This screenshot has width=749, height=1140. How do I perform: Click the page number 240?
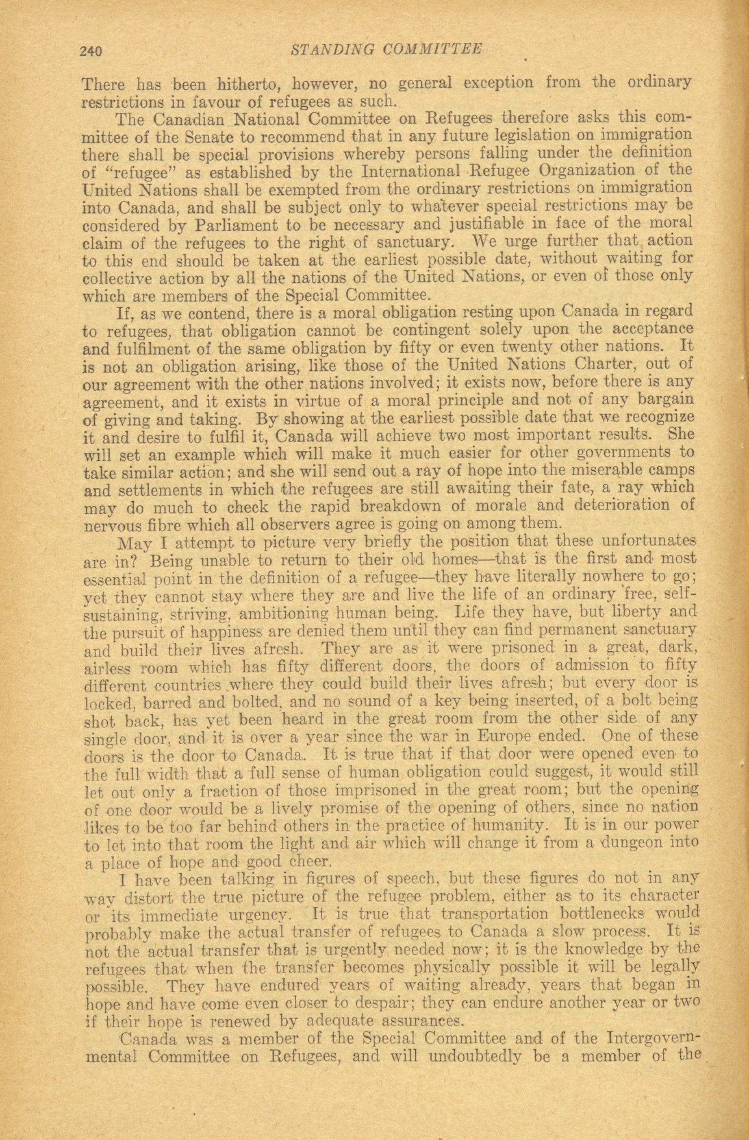click(x=91, y=51)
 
